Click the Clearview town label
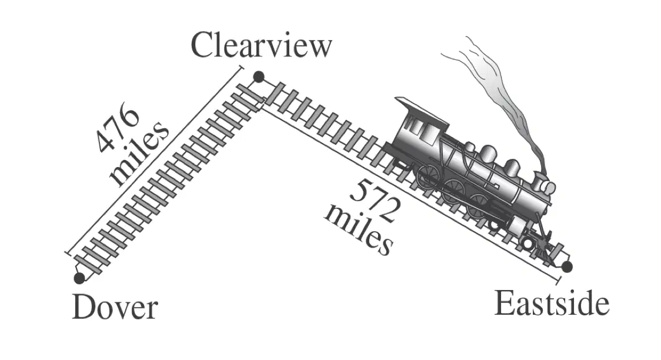coord(261,45)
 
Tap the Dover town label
coord(115,307)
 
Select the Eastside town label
coord(552,303)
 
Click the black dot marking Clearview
coord(258,77)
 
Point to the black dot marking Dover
coord(79,278)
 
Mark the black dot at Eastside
coord(567,267)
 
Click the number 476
coord(117,129)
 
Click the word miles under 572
coord(359,230)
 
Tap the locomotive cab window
coord(418,125)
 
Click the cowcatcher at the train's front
coord(544,249)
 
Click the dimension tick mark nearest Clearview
coord(241,67)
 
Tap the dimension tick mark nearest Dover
coord(68,254)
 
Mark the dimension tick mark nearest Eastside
coord(559,281)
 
